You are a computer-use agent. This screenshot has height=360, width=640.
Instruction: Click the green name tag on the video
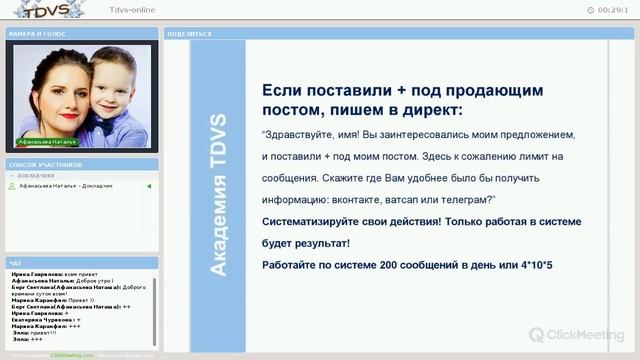click(x=47, y=143)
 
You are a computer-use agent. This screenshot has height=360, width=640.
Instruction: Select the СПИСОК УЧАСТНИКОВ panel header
click(x=45, y=164)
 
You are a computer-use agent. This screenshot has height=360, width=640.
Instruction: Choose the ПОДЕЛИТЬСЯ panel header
click(x=190, y=33)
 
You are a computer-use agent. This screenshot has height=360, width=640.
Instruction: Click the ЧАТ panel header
click(x=15, y=263)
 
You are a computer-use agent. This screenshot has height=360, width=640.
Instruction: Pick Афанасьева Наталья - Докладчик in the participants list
click(x=66, y=186)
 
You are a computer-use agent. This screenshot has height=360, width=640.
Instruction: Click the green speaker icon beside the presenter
click(x=149, y=186)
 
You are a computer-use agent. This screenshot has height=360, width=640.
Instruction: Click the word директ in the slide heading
click(x=425, y=108)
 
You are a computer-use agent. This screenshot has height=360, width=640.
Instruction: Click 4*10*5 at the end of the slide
click(x=536, y=263)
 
